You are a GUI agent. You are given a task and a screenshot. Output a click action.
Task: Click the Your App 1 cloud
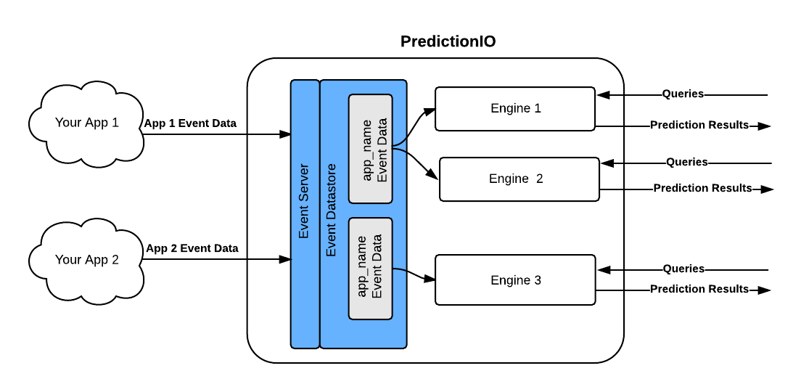tap(87, 123)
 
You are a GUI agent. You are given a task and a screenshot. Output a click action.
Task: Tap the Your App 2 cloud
tap(87, 260)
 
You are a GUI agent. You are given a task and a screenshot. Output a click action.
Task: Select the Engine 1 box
tap(515, 109)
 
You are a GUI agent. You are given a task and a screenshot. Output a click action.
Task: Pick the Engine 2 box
tap(519, 179)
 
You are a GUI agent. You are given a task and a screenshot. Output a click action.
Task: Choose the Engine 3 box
tap(515, 280)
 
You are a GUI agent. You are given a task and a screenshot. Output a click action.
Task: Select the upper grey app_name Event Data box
tap(370, 149)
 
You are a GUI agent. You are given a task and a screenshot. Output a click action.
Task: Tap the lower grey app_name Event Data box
tap(370, 269)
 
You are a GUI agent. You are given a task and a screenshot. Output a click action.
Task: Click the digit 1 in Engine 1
tap(538, 109)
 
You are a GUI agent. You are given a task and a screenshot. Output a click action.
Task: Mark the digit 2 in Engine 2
tap(539, 179)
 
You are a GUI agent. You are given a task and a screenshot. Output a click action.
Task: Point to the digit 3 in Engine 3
tap(538, 280)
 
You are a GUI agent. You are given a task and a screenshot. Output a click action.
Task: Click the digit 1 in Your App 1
tap(115, 123)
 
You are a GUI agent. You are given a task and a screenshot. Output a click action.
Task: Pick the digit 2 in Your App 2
tap(115, 260)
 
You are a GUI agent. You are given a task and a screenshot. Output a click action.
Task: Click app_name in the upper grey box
tap(366, 150)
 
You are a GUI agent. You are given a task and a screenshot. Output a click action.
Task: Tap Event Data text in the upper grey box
tap(382, 150)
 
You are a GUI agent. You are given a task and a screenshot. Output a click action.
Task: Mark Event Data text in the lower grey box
tap(377, 266)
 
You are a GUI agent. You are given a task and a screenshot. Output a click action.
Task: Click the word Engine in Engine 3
tap(510, 280)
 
